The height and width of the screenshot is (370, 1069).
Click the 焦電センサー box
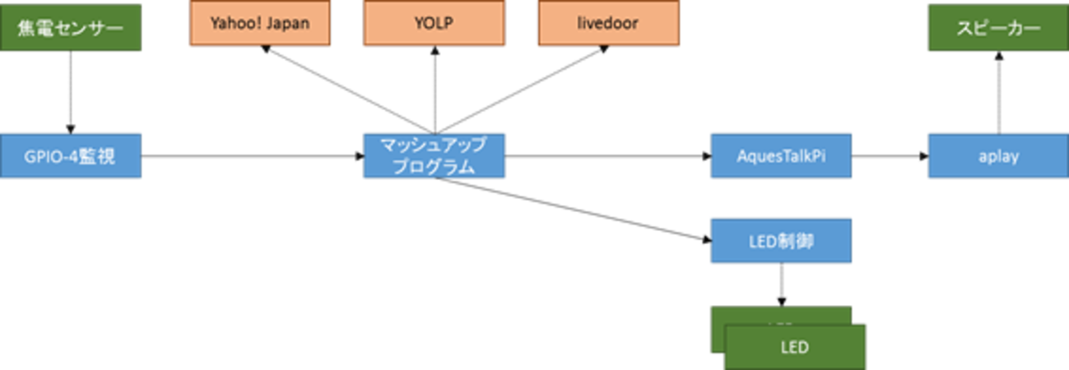(70, 27)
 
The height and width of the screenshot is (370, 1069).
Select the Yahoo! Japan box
(260, 22)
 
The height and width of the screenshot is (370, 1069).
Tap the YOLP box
(434, 22)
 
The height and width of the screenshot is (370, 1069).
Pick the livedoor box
(609, 22)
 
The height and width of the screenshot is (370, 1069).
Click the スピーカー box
(998, 27)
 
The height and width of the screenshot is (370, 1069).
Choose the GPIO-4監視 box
(70, 155)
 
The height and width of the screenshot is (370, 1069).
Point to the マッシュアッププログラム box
(434, 155)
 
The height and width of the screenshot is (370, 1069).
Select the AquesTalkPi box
(780, 155)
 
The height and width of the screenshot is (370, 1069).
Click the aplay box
(998, 155)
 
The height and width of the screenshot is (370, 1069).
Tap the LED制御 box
(780, 240)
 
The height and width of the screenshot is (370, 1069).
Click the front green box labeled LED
(795, 347)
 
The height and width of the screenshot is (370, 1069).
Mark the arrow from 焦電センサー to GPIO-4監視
(70, 90)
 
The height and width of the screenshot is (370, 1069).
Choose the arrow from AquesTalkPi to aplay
(889, 155)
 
